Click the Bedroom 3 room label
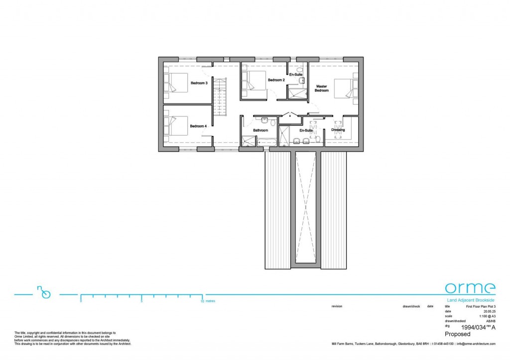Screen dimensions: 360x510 (199, 83)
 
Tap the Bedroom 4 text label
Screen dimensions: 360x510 (198, 126)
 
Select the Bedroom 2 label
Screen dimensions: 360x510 (276, 80)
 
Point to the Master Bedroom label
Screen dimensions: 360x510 (322, 88)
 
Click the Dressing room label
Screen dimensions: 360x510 (338, 130)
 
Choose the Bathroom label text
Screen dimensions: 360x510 (260, 130)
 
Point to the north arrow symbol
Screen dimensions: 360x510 (44, 293)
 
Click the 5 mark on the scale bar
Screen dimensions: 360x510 (141, 301)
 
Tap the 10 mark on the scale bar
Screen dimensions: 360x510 (202, 301)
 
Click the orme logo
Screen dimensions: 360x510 (470, 288)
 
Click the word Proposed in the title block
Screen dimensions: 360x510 (457, 335)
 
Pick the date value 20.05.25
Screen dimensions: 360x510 (489, 311)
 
